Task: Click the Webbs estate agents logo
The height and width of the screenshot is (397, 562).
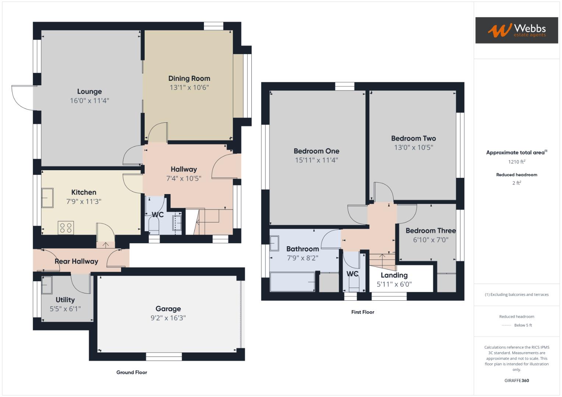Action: (x=516, y=31)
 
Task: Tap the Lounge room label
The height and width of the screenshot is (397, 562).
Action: (x=89, y=92)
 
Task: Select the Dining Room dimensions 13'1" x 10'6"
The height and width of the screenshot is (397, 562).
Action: (x=189, y=87)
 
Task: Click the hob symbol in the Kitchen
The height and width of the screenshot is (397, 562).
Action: (x=66, y=228)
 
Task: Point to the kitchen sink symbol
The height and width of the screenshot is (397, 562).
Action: (x=47, y=198)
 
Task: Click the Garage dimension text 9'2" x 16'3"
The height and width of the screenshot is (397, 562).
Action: (x=168, y=318)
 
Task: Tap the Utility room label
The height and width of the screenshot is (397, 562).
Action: (x=65, y=300)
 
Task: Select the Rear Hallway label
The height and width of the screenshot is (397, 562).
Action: (x=76, y=261)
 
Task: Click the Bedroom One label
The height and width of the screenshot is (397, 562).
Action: (x=316, y=151)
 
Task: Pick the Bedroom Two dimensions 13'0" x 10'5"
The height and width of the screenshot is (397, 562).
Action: (x=413, y=147)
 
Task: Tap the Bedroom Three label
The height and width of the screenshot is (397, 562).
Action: (x=431, y=231)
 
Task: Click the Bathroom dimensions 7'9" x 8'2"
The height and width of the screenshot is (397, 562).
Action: (x=303, y=258)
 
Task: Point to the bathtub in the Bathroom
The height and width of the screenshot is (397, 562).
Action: (x=293, y=282)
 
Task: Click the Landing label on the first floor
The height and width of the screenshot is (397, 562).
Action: (x=394, y=275)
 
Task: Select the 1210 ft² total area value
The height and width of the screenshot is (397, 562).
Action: (x=516, y=162)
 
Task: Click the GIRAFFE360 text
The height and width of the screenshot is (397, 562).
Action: (x=516, y=380)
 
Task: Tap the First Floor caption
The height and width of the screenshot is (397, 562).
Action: (x=363, y=312)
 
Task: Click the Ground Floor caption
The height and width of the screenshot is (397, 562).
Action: (x=132, y=372)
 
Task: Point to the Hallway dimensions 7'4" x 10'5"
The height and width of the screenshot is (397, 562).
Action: (x=184, y=179)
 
